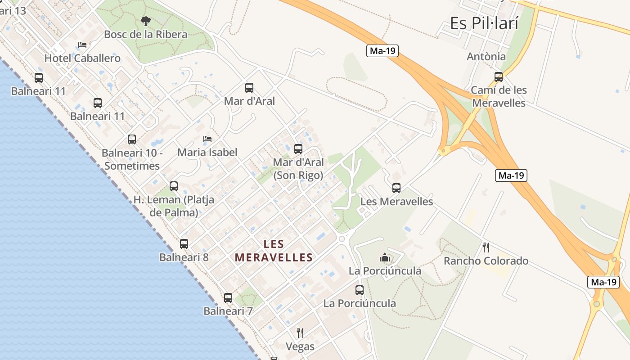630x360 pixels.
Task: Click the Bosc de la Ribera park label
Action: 145,34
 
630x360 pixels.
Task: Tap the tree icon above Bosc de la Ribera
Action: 145,21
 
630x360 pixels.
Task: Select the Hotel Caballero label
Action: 82,58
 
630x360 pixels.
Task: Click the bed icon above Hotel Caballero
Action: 82,45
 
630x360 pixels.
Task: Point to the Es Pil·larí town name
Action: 484,23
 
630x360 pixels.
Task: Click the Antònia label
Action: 486,57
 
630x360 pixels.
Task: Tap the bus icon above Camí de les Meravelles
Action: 499,76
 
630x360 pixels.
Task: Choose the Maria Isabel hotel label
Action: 207,152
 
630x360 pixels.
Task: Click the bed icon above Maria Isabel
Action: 207,139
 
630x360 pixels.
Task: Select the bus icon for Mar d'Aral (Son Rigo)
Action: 298,148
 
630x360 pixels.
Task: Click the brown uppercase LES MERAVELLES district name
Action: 274,251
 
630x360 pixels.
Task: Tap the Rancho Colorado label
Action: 486,261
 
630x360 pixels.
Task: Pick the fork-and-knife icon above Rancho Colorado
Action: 486,247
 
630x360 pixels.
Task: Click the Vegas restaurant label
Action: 300,346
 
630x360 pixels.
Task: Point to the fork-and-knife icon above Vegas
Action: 300,333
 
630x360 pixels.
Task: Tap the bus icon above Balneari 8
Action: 184,244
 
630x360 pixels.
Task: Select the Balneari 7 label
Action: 228,311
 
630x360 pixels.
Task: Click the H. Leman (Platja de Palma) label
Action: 174,206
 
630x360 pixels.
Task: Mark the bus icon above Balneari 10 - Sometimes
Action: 132,139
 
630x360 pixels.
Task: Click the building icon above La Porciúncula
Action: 385,257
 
